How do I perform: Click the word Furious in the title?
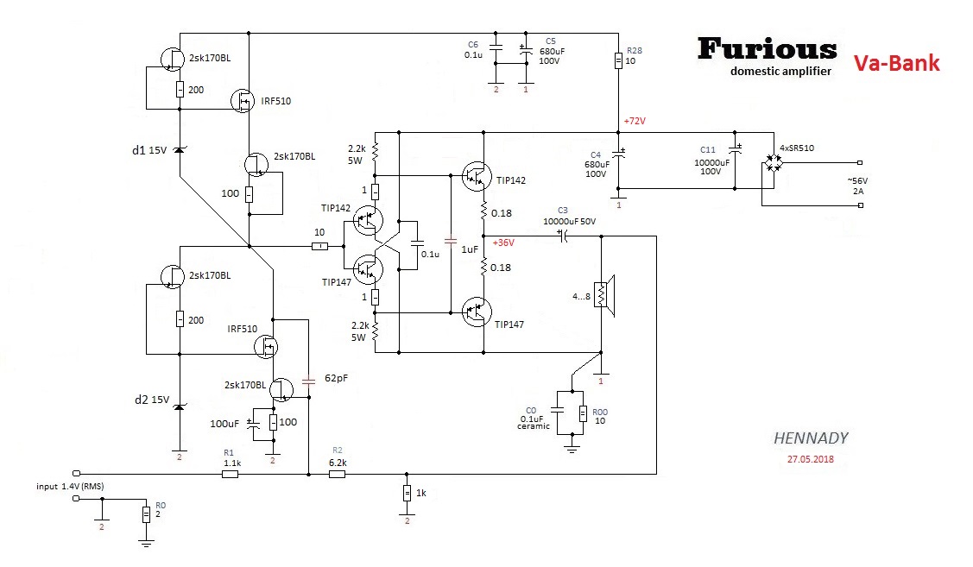(x=767, y=49)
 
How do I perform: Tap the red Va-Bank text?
(x=896, y=63)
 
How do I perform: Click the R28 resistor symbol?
(x=619, y=60)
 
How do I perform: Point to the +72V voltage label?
(x=634, y=121)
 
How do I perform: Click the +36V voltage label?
(x=503, y=243)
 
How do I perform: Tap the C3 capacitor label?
(x=563, y=210)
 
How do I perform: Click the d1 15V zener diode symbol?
(x=179, y=150)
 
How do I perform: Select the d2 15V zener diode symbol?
(x=179, y=405)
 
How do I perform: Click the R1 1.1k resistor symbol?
(x=230, y=474)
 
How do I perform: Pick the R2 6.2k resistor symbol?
(x=338, y=474)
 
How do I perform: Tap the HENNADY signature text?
(x=811, y=438)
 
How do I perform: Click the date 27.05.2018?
(x=811, y=459)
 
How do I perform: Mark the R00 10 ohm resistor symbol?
(x=583, y=414)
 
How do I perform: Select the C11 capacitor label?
(x=707, y=151)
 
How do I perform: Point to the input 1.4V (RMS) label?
(x=70, y=487)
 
